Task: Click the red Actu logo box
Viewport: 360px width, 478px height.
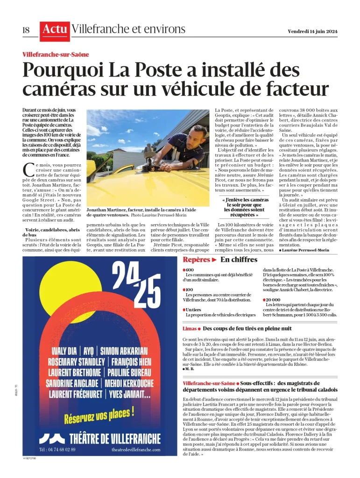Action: click(x=55, y=30)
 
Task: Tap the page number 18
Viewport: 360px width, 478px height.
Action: click(x=26, y=30)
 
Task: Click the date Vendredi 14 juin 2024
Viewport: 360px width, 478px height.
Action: click(x=313, y=31)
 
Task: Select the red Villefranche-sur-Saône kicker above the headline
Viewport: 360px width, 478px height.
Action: click(x=56, y=54)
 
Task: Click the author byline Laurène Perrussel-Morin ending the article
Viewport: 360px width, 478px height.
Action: click(x=306, y=250)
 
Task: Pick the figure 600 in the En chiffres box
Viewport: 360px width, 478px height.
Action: click(x=190, y=270)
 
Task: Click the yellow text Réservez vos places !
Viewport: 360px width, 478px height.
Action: click(x=99, y=413)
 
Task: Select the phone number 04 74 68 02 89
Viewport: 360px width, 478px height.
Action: click(x=57, y=450)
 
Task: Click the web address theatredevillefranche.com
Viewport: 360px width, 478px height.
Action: click(x=136, y=450)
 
